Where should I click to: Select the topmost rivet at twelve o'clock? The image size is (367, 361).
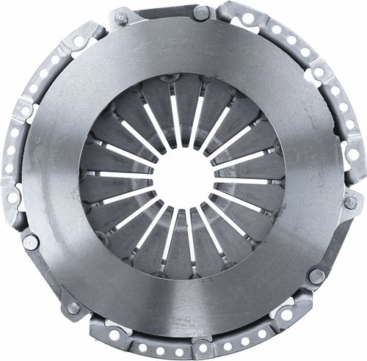pos(200,12)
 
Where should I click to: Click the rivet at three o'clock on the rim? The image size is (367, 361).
pos(351,203)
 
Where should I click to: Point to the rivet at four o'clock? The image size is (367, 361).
pos(316,276)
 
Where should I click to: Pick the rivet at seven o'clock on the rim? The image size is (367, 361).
pos(73,307)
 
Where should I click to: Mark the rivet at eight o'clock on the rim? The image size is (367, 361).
pos(30,241)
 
